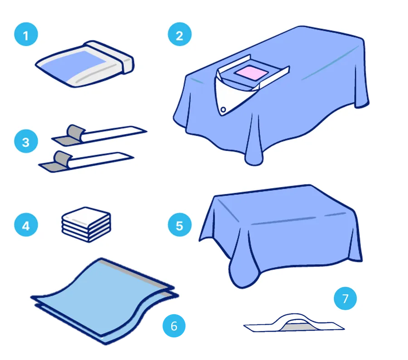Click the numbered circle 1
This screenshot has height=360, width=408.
click(26, 34)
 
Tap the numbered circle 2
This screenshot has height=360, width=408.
click(180, 34)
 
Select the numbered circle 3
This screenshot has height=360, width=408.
click(26, 141)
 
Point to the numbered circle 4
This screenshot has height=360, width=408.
click(26, 225)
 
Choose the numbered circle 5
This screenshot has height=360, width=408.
click(180, 225)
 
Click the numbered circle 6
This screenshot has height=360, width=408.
click(174, 326)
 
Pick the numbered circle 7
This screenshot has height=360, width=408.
click(345, 298)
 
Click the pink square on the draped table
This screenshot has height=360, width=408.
click(251, 72)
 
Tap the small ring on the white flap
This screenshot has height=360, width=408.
click(223, 110)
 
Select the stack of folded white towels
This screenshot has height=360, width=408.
click(87, 225)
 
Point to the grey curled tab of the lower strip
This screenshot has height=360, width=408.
click(63, 158)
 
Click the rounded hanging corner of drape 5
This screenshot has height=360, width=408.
click(241, 275)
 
